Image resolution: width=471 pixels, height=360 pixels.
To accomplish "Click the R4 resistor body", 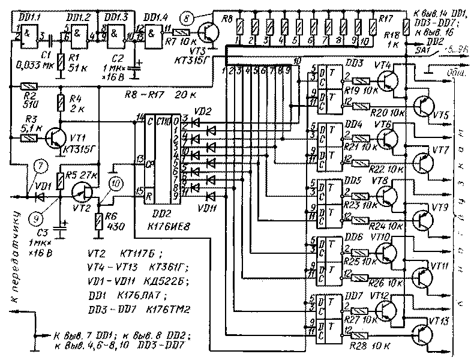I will pos(61,103).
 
